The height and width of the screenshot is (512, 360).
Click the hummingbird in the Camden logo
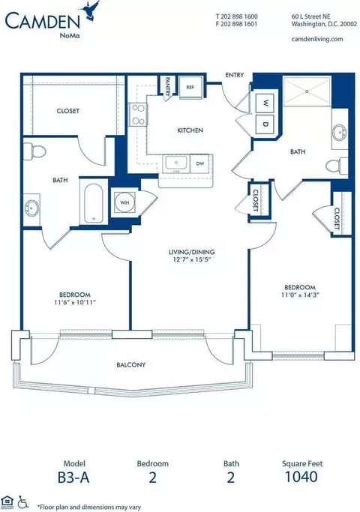coord(91,12)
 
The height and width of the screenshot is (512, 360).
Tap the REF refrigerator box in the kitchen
coord(191,88)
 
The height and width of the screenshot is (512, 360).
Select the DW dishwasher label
coord(200,163)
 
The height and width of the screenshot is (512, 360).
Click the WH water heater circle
coord(124,202)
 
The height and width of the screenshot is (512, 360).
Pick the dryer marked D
coord(265,124)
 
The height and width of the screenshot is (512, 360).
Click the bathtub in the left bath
coord(94,203)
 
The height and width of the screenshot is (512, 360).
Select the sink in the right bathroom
coord(340,133)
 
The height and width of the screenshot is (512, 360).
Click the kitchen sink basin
coord(176,163)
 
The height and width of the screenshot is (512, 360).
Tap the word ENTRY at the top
coord(235,75)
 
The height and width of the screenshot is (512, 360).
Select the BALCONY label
coord(131,365)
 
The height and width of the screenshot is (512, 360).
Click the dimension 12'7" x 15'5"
coord(191,259)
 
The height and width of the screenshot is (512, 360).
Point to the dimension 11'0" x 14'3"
coord(300,295)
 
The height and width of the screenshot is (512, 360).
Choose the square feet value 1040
coord(301,477)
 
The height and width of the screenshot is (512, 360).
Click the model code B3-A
coord(73,477)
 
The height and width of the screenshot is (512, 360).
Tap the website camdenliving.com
coord(317,39)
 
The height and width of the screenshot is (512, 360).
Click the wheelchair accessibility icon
coord(22,502)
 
